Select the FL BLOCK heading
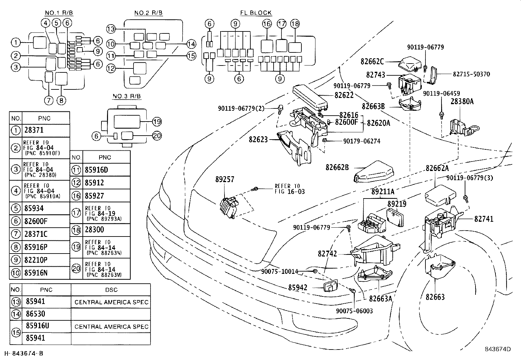[256, 13]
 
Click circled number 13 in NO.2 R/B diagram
[111, 29]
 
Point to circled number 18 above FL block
[295, 24]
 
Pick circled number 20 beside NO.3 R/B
[157, 136]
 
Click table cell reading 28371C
[36, 234]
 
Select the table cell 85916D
[97, 170]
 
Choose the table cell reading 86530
[35, 314]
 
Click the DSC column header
[111, 290]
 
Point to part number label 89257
[225, 179]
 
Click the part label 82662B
[337, 167]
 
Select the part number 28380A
[462, 101]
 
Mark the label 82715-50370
[471, 74]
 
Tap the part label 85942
[298, 288]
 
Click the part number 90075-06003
[354, 311]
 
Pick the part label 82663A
[381, 298]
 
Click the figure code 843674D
[498, 349]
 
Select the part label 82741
[484, 219]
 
